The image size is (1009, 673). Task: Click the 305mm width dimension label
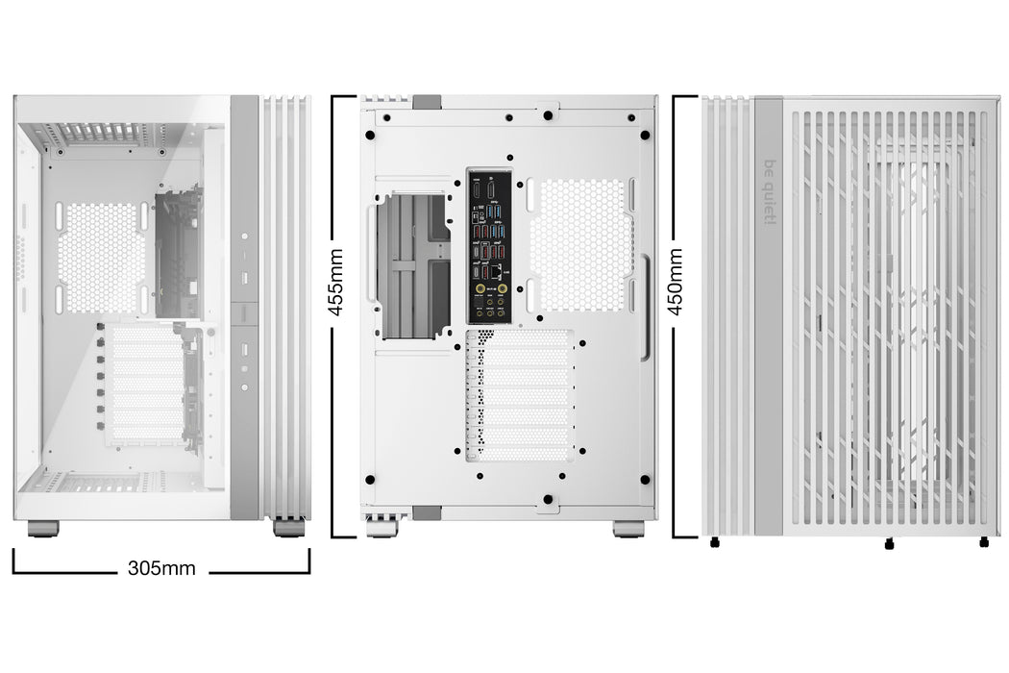click(161, 568)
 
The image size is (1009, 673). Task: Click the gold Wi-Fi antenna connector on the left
click(477, 287)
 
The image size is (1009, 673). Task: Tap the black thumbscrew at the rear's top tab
click(547, 115)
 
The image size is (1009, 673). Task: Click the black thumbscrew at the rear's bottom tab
click(547, 499)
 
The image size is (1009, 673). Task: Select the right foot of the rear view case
click(628, 530)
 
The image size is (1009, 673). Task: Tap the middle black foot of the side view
click(888, 544)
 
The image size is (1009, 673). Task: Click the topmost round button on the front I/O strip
click(244, 237)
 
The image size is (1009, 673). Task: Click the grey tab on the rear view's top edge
click(427, 101)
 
